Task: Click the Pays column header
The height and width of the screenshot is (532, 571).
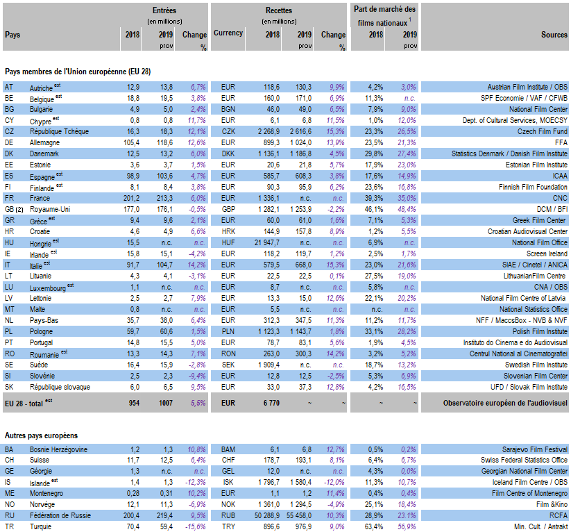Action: (x=12, y=34)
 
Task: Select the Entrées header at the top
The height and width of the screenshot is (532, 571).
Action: (x=164, y=10)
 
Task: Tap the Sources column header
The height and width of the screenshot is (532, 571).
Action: (x=554, y=34)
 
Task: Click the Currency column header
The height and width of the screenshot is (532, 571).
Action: (x=228, y=33)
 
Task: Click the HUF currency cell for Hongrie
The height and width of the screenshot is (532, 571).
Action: (x=228, y=242)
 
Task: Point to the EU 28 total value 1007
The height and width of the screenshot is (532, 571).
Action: (x=163, y=402)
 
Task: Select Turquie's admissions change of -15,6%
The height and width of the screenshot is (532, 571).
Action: (x=194, y=527)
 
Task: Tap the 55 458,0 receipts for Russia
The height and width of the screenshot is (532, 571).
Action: (x=297, y=516)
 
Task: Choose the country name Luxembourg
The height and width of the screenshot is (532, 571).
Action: (x=48, y=287)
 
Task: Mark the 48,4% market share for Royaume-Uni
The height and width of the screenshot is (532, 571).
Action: (x=407, y=209)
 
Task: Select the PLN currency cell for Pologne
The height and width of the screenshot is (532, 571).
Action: (x=228, y=331)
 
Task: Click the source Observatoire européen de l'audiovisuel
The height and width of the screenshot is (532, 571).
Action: (x=505, y=402)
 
